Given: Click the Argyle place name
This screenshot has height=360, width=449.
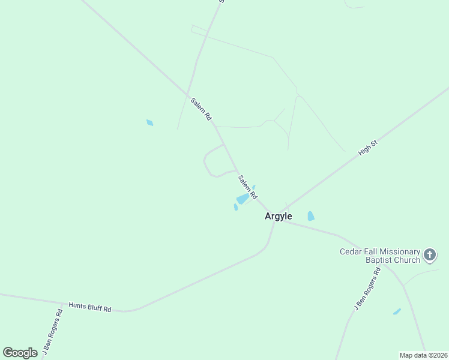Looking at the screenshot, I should tap(279, 217).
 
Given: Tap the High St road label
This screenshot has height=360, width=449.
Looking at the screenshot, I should tap(367, 148).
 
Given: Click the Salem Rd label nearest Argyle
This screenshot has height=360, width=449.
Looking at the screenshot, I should tap(247, 187).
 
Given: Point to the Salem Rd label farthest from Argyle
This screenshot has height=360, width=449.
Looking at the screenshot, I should tap(201, 109).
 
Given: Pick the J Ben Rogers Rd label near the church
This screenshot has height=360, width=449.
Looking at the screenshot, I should tap(367, 289).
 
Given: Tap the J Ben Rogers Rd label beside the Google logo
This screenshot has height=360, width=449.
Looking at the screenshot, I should tap(51, 332).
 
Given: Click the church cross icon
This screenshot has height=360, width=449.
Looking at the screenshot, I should tap(430, 255).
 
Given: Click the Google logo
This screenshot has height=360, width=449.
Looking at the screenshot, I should tap(20, 353).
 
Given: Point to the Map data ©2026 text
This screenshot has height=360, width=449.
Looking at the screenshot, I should tap(423, 355).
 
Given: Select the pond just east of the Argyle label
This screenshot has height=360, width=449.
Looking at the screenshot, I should tap(311, 216).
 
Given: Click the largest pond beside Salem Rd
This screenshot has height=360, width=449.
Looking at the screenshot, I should tap(243, 199).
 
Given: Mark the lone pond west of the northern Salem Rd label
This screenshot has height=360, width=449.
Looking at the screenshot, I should tap(149, 123).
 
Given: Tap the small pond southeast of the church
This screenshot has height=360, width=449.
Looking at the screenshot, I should tap(397, 311).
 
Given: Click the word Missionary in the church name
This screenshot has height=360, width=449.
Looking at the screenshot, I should tap(398, 251).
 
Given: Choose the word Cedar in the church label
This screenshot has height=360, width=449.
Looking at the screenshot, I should tap(351, 251).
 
